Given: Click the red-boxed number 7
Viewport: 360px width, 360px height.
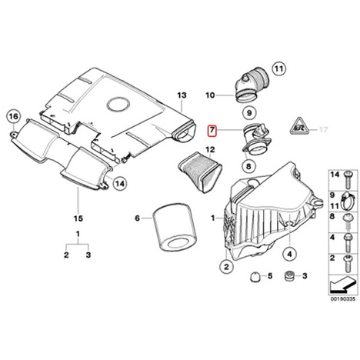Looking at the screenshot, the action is (x=212, y=130).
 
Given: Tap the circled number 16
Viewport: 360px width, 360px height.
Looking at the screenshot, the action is (x=14, y=117).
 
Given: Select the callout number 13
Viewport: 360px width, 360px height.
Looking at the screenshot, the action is (x=182, y=95).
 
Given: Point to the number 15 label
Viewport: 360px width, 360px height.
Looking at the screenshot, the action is (x=78, y=218).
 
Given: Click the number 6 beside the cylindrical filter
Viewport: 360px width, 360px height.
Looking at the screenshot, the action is (x=138, y=218).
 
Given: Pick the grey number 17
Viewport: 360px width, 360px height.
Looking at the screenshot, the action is (x=324, y=130).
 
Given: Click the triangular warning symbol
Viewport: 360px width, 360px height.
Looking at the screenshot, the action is (x=299, y=126).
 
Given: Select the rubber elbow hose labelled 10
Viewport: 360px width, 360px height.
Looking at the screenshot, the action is (x=252, y=85).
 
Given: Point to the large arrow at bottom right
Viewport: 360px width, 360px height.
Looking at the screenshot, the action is (x=343, y=285).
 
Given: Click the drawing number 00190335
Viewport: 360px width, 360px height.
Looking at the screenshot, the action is (x=343, y=299).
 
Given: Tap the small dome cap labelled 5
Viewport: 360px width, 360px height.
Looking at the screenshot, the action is (x=255, y=277).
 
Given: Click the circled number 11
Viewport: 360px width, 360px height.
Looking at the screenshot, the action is (x=278, y=68).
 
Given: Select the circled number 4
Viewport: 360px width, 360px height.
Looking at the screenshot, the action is (x=290, y=254).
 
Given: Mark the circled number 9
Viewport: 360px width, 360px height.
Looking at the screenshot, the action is (x=249, y=112).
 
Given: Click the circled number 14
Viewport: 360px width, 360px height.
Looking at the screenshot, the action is (x=120, y=184).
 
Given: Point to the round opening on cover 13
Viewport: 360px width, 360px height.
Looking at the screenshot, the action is (x=118, y=105).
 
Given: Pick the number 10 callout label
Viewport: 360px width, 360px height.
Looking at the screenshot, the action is (x=210, y=95).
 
